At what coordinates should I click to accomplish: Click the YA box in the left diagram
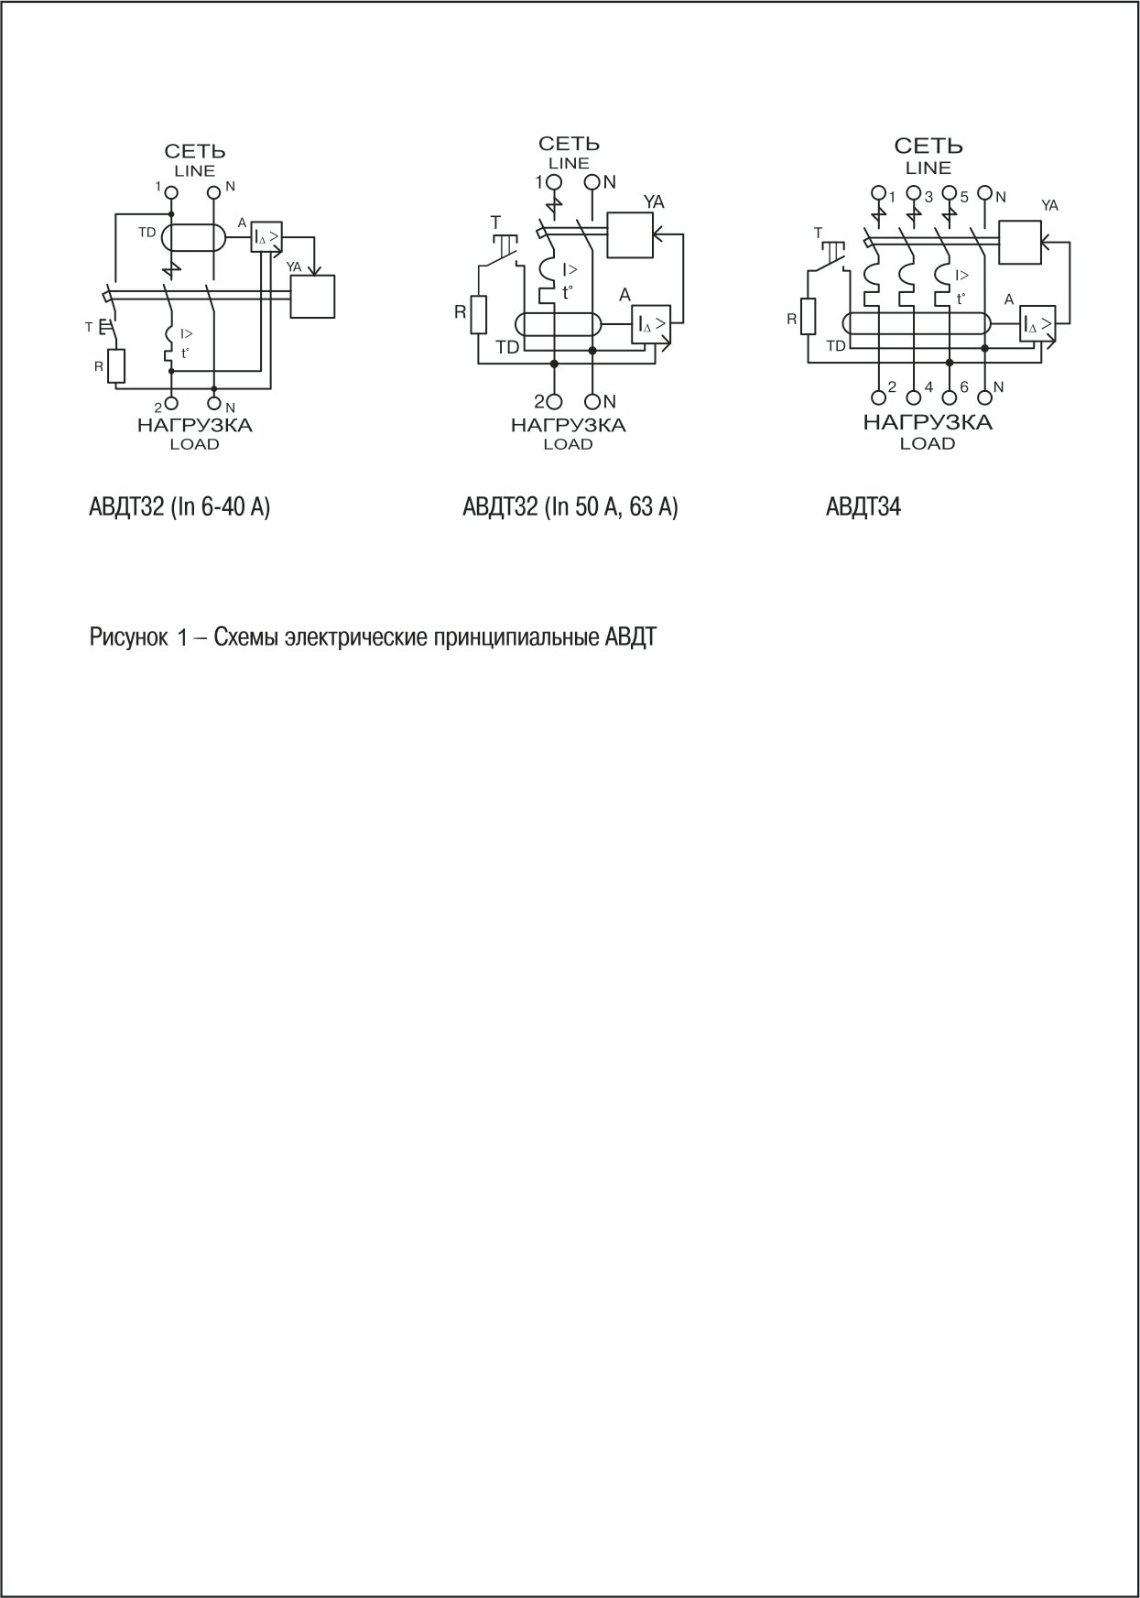point(312,296)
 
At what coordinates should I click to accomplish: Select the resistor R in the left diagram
point(116,366)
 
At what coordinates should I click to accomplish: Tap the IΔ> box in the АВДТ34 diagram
point(1038,324)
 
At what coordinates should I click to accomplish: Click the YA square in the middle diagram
point(630,235)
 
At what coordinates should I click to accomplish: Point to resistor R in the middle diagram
point(478,313)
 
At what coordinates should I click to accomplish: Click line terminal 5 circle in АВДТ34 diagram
point(950,194)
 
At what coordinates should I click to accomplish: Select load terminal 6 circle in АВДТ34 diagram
point(950,397)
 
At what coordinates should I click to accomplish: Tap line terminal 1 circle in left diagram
point(170,192)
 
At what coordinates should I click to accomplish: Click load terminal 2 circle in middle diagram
point(554,401)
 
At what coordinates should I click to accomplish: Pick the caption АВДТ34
point(863,506)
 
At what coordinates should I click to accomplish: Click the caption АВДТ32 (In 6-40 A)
point(179,506)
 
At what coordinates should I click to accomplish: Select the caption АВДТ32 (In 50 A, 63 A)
point(570,506)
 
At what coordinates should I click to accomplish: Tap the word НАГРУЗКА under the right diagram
point(928,422)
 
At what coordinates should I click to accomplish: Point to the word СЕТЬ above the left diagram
point(195,151)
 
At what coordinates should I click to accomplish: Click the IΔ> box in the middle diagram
point(651,324)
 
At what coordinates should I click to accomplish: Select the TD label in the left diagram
point(147,233)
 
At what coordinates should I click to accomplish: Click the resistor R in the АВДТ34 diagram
point(807,317)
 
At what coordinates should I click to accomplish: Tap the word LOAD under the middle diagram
point(568,444)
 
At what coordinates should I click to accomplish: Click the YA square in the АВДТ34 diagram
point(1020,242)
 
